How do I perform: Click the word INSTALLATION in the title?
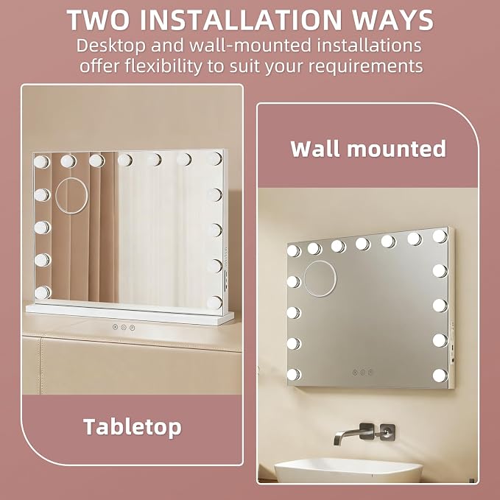pos(245,20)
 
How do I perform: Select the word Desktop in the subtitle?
pos(110,46)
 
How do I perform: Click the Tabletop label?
pos(133,427)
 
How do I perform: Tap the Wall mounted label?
pos(368,149)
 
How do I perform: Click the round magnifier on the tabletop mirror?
pos(71,196)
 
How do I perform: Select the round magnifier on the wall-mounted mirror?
pos(320,278)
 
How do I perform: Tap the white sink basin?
pos(348,470)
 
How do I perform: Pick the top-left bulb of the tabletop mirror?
pos(42,162)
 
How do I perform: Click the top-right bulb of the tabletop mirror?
pos(215,159)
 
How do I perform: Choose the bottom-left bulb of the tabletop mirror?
pos(43,293)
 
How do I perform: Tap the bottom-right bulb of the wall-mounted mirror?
pos(440,376)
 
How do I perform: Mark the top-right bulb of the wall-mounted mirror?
pos(440,236)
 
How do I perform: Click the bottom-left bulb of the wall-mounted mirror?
pos(293,375)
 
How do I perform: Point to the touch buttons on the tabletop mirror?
pos(124,327)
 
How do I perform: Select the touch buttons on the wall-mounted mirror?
pos(362,372)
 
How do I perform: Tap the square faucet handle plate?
pos(387,432)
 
